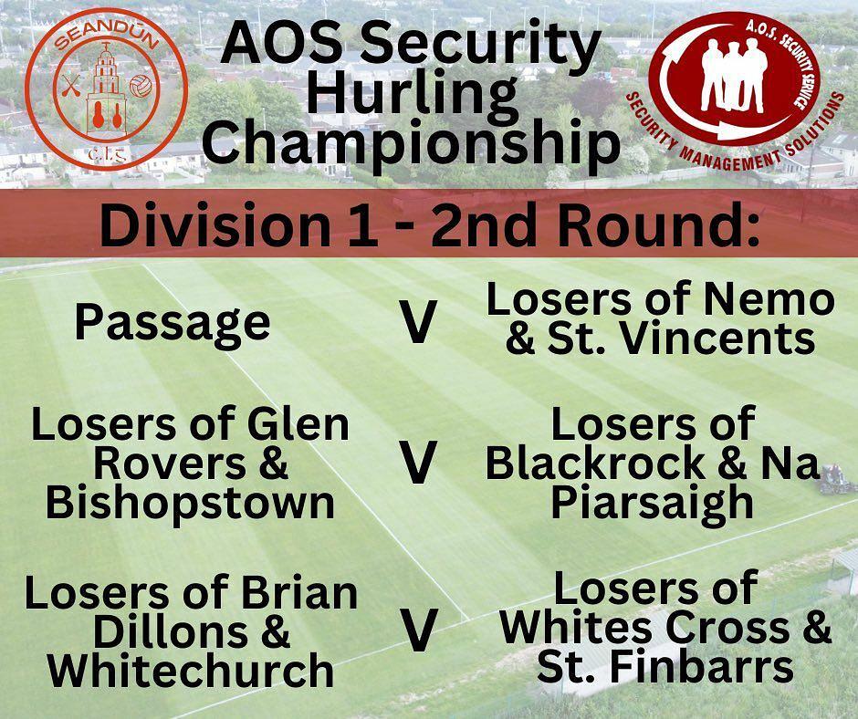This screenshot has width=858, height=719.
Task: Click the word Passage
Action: coord(173,325)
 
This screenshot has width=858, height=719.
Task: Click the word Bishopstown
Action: coord(190,504)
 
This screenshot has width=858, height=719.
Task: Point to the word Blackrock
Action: coord(595,464)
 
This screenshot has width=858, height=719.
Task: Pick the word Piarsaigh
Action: coord(653,504)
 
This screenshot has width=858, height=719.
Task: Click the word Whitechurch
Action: coord(190,671)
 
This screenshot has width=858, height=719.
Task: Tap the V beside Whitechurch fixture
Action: coord(417,630)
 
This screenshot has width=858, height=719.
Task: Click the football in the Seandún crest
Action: coord(140,86)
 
